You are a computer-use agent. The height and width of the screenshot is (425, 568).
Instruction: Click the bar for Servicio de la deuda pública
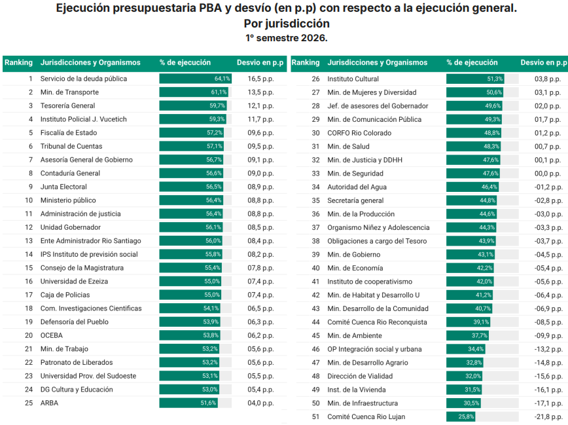(195, 79)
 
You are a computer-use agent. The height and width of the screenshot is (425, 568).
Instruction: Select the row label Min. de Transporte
(69, 92)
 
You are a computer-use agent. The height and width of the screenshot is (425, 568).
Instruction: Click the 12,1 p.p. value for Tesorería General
(260, 106)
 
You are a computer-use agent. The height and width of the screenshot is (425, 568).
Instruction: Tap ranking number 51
(316, 416)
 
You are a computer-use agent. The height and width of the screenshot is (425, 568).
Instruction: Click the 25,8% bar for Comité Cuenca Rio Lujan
(461, 416)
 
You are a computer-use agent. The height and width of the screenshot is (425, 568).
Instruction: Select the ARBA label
(49, 403)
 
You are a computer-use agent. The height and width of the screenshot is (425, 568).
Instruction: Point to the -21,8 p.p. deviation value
(548, 416)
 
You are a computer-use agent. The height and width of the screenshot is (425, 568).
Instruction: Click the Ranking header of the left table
(18, 62)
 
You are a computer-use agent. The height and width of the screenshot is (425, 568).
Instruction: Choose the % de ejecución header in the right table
(472, 62)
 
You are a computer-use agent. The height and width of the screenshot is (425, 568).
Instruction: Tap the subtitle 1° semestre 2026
(286, 38)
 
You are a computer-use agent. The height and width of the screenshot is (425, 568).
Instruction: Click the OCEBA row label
(52, 335)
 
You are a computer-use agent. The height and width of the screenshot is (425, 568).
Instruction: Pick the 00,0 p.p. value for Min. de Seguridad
(548, 174)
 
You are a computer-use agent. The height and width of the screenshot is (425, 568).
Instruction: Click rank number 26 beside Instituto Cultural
(316, 79)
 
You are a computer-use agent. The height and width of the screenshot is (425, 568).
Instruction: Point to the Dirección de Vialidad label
(360, 376)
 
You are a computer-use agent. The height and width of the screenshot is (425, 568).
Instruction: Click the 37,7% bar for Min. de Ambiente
(467, 335)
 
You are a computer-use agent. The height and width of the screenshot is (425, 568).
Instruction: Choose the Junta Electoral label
(63, 187)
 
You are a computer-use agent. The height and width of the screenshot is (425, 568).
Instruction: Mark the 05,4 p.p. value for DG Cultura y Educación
(260, 390)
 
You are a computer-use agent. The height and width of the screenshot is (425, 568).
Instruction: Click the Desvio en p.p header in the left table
(260, 62)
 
